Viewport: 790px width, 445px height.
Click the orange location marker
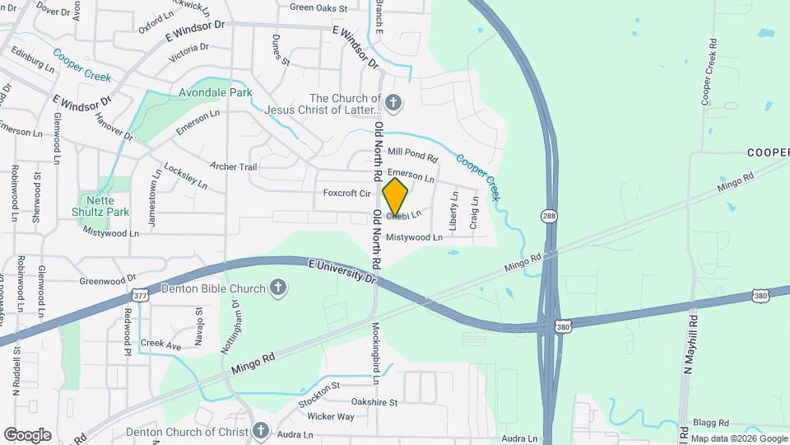tap(396, 197)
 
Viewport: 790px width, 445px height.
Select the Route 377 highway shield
tap(140, 294)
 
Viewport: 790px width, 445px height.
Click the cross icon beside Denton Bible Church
tap(279, 288)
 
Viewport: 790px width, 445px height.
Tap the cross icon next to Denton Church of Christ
tap(261, 431)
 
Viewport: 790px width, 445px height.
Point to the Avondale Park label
tap(216, 93)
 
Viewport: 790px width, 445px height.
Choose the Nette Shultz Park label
tap(105, 206)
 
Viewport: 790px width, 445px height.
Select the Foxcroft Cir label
tap(347, 194)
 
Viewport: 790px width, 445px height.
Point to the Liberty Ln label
tap(453, 210)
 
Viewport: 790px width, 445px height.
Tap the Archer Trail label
tap(234, 166)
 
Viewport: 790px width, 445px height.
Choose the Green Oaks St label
tap(318, 8)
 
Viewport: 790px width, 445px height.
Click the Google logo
tap(27, 434)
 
